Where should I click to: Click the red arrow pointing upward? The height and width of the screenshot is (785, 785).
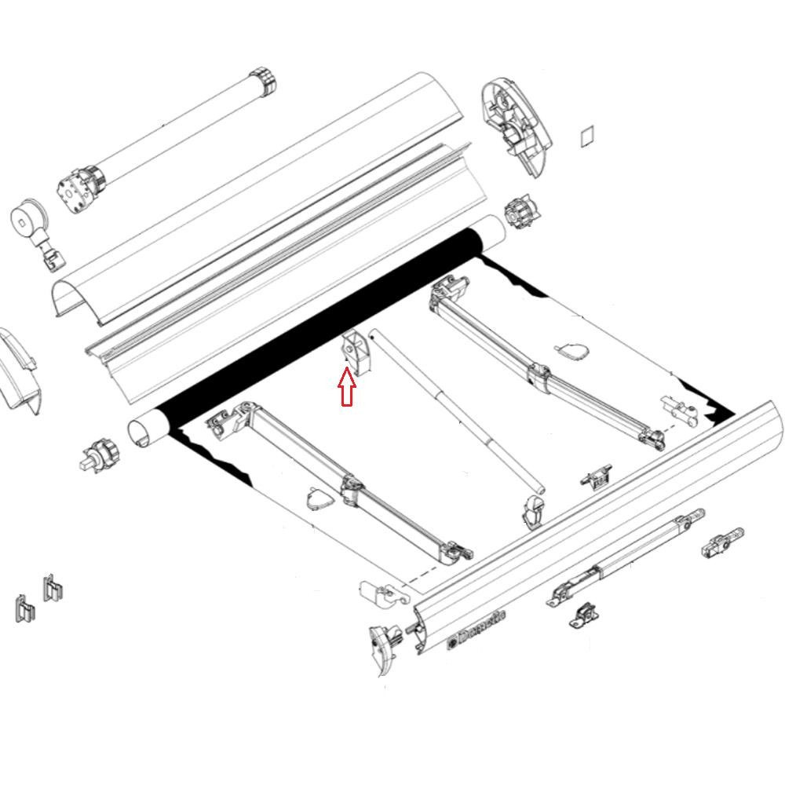coord(346,387)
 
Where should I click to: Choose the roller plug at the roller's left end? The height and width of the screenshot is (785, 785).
coord(99,455)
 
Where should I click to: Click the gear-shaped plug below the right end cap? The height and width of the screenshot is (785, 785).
coord(519,212)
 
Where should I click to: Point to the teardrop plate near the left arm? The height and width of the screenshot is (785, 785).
coord(318,500)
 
